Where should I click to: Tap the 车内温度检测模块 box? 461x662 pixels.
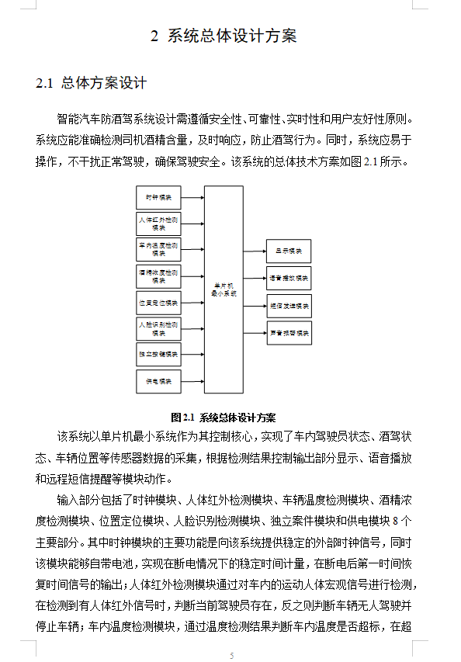[158, 250]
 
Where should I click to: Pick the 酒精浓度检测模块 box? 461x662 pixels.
[158, 276]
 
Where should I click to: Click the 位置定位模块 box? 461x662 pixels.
[158, 302]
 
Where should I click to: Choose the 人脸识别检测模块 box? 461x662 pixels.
[158, 328]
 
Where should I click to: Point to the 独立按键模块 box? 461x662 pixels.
[158, 355]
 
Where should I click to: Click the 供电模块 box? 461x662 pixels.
[158, 381]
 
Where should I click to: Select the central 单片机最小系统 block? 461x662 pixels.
[224, 289]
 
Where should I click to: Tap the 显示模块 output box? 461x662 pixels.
[289, 251]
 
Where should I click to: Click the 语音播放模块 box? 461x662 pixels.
[289, 278]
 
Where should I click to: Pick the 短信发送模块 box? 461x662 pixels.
[289, 305]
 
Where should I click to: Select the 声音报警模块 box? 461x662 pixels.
[289, 333]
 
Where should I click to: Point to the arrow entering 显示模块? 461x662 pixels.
[255, 251]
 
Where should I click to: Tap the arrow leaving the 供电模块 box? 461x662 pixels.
[192, 381]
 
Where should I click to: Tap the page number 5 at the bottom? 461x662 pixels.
[230, 656]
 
